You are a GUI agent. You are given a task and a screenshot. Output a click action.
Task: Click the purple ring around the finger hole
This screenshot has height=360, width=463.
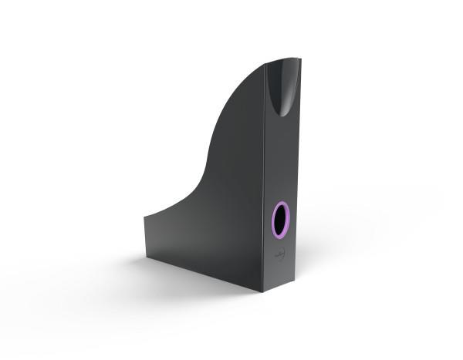[272, 219]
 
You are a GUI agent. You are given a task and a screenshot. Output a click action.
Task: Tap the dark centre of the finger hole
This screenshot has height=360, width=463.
[279, 219]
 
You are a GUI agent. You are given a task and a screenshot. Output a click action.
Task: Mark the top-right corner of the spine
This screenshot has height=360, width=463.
[301, 59]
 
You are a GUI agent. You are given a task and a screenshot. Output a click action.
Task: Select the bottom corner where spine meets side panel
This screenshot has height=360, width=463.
[263, 292]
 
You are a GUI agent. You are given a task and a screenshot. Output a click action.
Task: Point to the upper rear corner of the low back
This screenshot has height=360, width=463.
[144, 215]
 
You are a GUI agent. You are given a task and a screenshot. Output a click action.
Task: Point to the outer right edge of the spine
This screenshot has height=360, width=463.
[297, 170]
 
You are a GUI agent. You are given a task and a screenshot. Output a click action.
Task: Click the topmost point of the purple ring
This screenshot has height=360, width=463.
[281, 201]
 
